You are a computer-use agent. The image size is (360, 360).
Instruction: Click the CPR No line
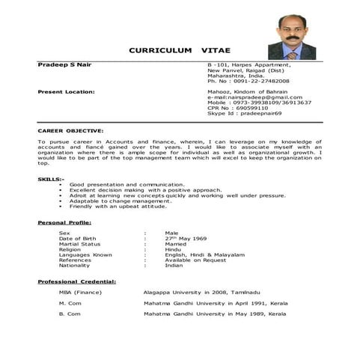[237, 107]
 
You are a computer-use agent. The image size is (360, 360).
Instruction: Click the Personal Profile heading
[64, 223]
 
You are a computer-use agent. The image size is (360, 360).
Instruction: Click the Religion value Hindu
[173, 248]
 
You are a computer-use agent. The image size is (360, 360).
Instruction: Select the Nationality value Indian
[174, 265]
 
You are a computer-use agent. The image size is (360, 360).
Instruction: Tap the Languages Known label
[85, 254]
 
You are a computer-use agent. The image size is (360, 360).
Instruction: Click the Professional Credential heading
[76, 281]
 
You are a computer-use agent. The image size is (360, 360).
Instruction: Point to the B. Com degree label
[70, 314]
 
